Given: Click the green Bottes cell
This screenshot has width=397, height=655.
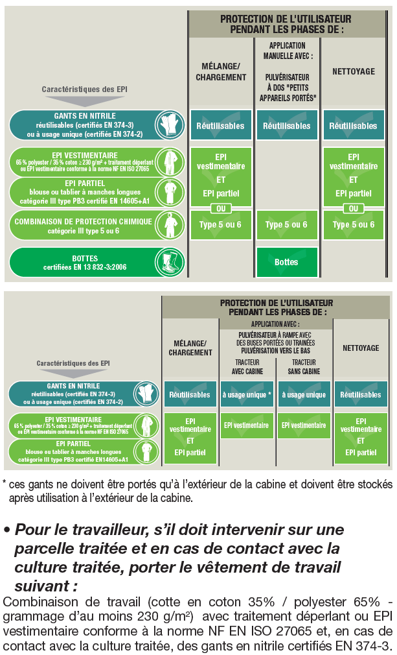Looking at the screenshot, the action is tap(287, 263).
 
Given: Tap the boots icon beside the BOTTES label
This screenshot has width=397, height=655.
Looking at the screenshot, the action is tap(169, 263).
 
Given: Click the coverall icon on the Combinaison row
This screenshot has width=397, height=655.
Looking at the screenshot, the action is tap(169, 226).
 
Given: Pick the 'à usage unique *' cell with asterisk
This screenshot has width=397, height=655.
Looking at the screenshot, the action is tap(247, 394).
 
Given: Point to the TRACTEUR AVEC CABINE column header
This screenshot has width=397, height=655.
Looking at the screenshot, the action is tap(247, 367).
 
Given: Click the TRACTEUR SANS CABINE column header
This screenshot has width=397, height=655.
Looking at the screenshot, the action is tap(304, 367).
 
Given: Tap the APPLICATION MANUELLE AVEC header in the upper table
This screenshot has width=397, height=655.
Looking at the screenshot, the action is tap(288, 51).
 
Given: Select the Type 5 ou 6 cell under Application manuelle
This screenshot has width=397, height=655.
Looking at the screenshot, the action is tap(287, 225).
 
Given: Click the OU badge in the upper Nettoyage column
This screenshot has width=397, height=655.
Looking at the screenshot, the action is tap(353, 208).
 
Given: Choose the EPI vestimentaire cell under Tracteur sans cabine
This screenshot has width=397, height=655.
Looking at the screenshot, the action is tap(304, 425).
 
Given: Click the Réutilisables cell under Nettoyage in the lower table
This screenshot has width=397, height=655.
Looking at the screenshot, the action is tap(361, 394).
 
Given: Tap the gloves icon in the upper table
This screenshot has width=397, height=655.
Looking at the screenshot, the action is tap(169, 125).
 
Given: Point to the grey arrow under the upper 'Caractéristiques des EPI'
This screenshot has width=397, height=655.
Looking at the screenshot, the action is tap(85, 101).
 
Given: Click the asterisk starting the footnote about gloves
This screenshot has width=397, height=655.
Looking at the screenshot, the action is tap(4, 483).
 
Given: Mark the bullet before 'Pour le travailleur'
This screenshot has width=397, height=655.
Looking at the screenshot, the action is tap(6, 530).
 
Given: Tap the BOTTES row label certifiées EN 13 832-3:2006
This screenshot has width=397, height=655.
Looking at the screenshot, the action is tap(85, 263).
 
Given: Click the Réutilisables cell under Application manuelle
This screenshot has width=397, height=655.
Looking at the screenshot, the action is tap(287, 125).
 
